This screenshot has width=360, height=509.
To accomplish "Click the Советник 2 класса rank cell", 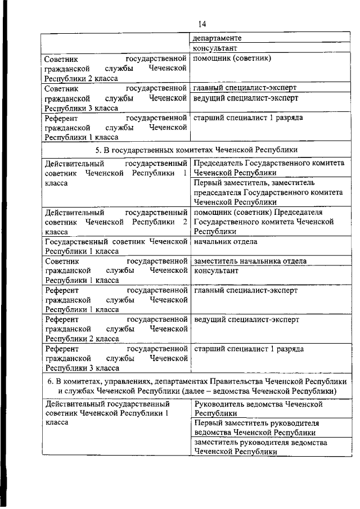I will [115, 68].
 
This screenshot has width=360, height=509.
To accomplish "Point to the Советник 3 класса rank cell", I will [115, 98].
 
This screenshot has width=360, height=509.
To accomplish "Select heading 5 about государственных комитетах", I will [196, 149].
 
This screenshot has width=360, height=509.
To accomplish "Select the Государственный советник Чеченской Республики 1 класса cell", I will [115, 246].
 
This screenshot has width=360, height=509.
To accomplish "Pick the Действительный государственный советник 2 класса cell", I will [115, 222].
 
